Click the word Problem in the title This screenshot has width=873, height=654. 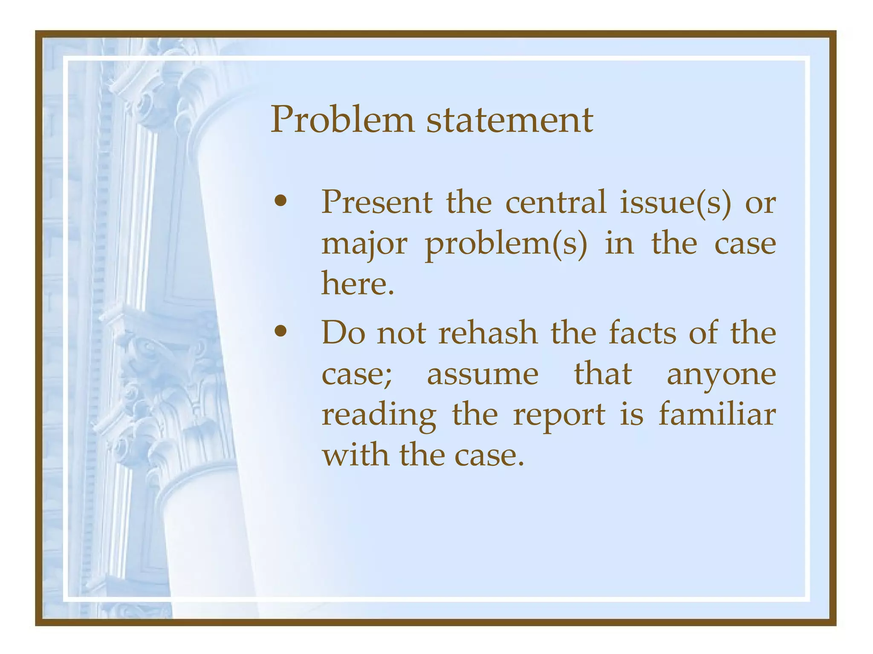tap(342, 120)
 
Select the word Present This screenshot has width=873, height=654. tap(376, 202)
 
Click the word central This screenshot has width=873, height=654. tap(555, 202)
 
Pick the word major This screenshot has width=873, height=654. tap(364, 245)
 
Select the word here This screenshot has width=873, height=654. tap(357, 284)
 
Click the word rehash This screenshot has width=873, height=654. tap(488, 333)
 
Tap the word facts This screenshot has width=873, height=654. tap(642, 333)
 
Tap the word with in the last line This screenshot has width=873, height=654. tap(355, 455)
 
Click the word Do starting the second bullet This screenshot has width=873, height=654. tap(343, 333)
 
